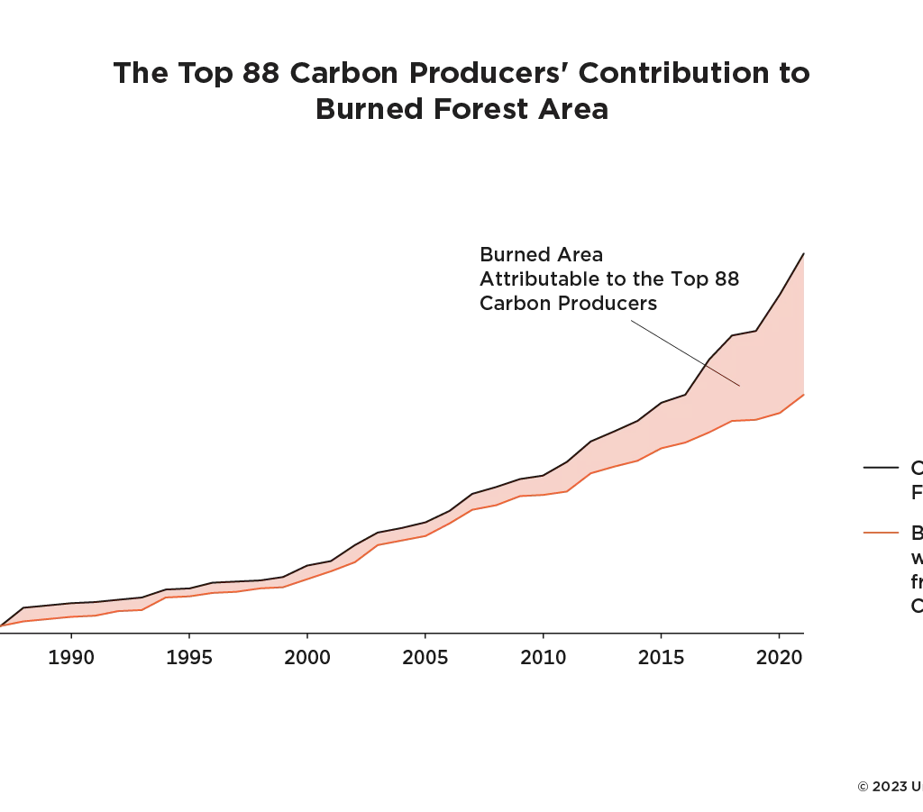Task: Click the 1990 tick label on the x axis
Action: [x=70, y=656]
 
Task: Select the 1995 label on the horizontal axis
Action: [x=188, y=656]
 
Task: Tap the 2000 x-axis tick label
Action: [x=306, y=656]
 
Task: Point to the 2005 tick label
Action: [x=425, y=656]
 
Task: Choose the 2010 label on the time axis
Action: [x=543, y=656]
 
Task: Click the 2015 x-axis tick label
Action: [x=661, y=656]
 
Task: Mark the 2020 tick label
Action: [x=779, y=656]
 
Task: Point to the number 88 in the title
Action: [x=262, y=73]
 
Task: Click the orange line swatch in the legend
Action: [x=881, y=532]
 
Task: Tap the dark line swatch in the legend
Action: [x=881, y=467]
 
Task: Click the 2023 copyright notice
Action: [x=889, y=787]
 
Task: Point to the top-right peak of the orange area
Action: [x=802, y=257]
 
